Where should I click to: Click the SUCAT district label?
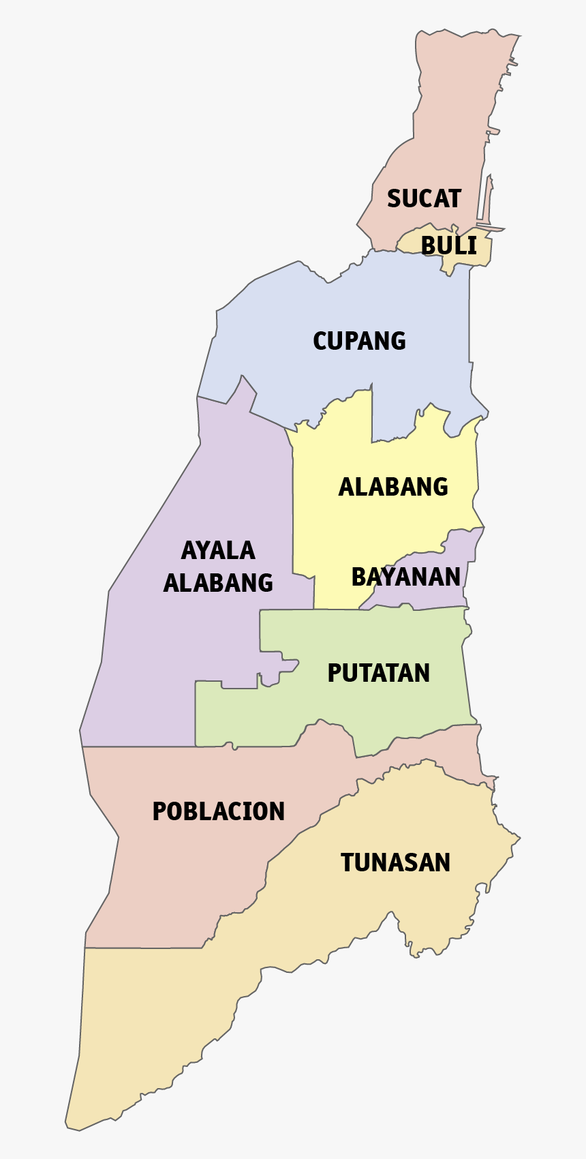point(424,198)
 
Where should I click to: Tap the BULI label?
point(448,245)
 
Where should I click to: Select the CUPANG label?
point(359,340)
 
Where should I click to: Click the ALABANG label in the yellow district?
point(393,487)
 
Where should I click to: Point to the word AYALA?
point(218,550)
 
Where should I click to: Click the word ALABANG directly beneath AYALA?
point(218,583)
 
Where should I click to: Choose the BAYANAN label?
point(405,577)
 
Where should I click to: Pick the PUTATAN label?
point(378,673)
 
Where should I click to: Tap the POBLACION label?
point(218,811)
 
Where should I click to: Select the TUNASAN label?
point(395,862)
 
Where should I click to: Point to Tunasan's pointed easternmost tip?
point(519,837)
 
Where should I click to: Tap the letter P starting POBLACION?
point(159,811)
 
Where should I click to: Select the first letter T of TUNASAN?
point(348,862)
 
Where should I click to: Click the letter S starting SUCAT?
point(395,198)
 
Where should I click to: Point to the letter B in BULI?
point(429,245)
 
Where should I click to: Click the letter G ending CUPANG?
point(398,340)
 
